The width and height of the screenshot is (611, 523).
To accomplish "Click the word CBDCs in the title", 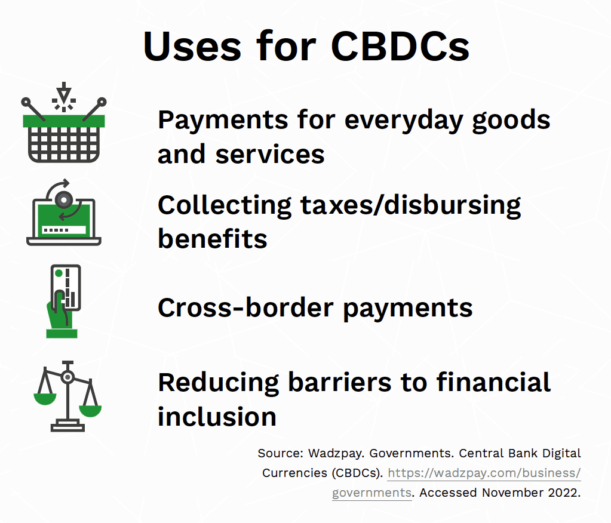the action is [400, 47].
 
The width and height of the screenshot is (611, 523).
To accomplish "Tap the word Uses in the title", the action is [192, 47].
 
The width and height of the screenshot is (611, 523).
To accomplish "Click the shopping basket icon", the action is [64, 122].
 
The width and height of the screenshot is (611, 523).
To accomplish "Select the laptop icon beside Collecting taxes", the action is [64, 212].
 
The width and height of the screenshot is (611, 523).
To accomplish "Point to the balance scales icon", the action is [68, 396].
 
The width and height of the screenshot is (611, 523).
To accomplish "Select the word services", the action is [269, 154].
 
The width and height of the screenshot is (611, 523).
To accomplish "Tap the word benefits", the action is [213, 239].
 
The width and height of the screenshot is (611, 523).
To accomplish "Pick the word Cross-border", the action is [245, 307].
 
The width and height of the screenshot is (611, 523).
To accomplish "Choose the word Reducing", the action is [219, 383].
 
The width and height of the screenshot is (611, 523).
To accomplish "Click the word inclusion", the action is [217, 416].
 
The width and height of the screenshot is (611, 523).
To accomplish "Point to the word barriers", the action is [340, 382].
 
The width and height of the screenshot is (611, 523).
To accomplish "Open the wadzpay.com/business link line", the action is [484, 473].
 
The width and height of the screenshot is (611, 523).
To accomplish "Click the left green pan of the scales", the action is [45, 399].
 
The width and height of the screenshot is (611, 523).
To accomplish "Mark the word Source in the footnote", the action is [280, 453].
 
